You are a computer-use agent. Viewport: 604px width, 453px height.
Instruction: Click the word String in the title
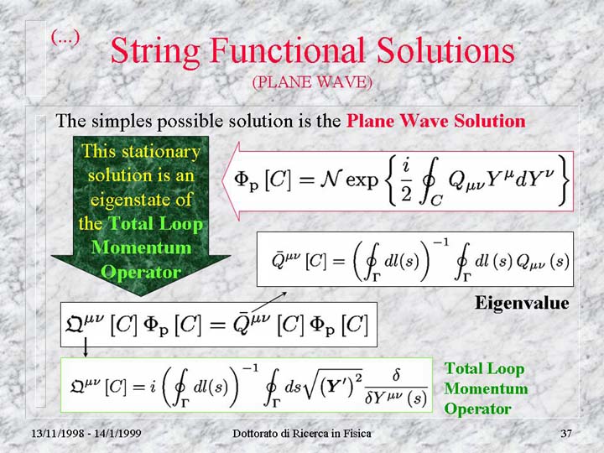pyautogui.click(x=155, y=52)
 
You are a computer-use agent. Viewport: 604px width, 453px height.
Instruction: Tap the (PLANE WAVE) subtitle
pyautogui.click(x=312, y=82)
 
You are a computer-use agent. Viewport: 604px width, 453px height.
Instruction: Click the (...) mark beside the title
pyautogui.click(x=65, y=38)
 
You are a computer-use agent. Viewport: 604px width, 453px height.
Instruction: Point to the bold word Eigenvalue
pyautogui.click(x=522, y=303)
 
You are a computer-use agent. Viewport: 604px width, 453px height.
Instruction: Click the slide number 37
pyautogui.click(x=566, y=434)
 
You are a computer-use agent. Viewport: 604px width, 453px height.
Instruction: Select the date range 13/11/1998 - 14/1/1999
pyautogui.click(x=86, y=434)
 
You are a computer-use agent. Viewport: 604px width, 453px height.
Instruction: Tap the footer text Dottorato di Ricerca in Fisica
pyautogui.click(x=302, y=434)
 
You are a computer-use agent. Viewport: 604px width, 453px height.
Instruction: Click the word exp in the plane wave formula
pyautogui.click(x=362, y=180)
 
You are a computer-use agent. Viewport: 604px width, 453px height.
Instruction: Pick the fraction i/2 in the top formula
pyautogui.click(x=406, y=181)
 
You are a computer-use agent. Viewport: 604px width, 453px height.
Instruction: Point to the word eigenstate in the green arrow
pyautogui.click(x=141, y=200)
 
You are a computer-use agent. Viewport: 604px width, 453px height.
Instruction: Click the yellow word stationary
pyautogui.click(x=161, y=152)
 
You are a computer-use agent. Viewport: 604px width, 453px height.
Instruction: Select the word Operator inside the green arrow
pyautogui.click(x=141, y=272)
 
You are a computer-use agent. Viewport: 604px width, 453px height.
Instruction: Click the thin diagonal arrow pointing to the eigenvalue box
pyautogui.click(x=269, y=301)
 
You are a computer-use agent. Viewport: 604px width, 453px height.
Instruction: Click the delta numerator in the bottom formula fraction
pyautogui.click(x=396, y=375)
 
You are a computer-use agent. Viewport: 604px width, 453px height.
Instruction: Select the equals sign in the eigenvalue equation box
pyautogui.click(x=217, y=325)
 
